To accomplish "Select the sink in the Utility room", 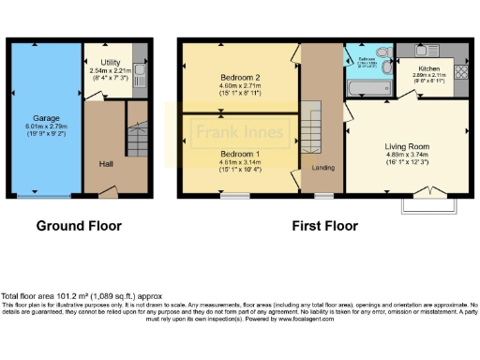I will [x=137, y=68].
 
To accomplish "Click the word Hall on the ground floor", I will [x=107, y=164].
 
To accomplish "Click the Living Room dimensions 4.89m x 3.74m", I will [x=407, y=157].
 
